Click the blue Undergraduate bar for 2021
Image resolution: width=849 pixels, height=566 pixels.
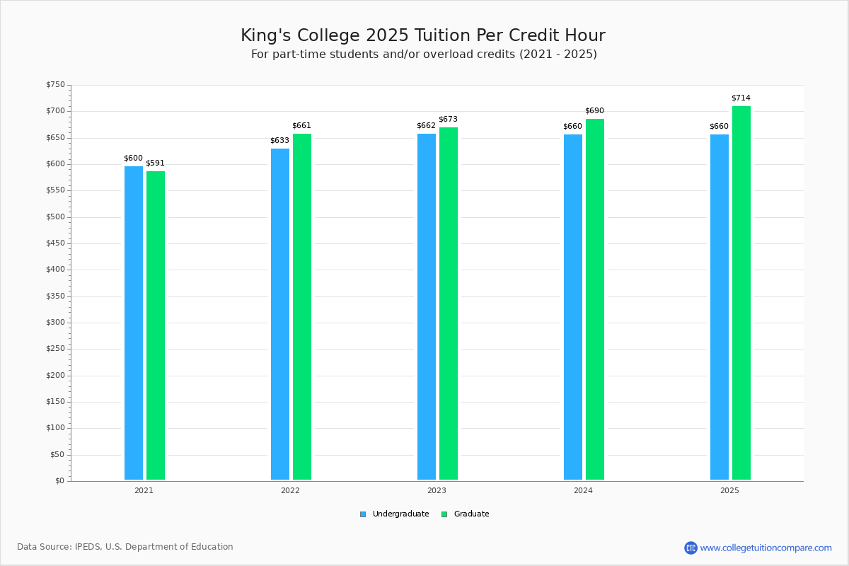[134, 323]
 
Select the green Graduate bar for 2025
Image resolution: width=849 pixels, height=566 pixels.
[741, 293]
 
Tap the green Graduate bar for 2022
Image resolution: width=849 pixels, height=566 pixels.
[302, 306]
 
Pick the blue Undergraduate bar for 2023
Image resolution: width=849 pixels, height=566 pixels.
[427, 306]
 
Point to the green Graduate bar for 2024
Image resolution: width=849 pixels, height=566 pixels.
[595, 299]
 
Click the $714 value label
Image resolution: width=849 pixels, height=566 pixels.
[741, 98]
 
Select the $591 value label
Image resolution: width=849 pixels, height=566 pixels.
[156, 163]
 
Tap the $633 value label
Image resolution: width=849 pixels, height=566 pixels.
[279, 140]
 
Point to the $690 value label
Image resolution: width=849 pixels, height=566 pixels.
[595, 110]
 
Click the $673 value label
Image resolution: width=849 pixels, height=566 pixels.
[449, 120]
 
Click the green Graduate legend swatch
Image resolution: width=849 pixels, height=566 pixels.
[444, 514]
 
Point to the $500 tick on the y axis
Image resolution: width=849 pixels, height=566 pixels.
[55, 217]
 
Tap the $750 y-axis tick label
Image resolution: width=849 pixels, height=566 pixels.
[55, 85]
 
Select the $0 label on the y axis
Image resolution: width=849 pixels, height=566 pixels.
[60, 481]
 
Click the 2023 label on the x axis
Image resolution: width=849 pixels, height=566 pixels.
[437, 490]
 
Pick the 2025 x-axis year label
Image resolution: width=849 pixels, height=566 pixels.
[729, 490]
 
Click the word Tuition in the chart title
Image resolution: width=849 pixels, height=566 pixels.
[442, 35]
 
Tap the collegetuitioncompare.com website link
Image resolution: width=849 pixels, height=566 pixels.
[766, 548]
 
